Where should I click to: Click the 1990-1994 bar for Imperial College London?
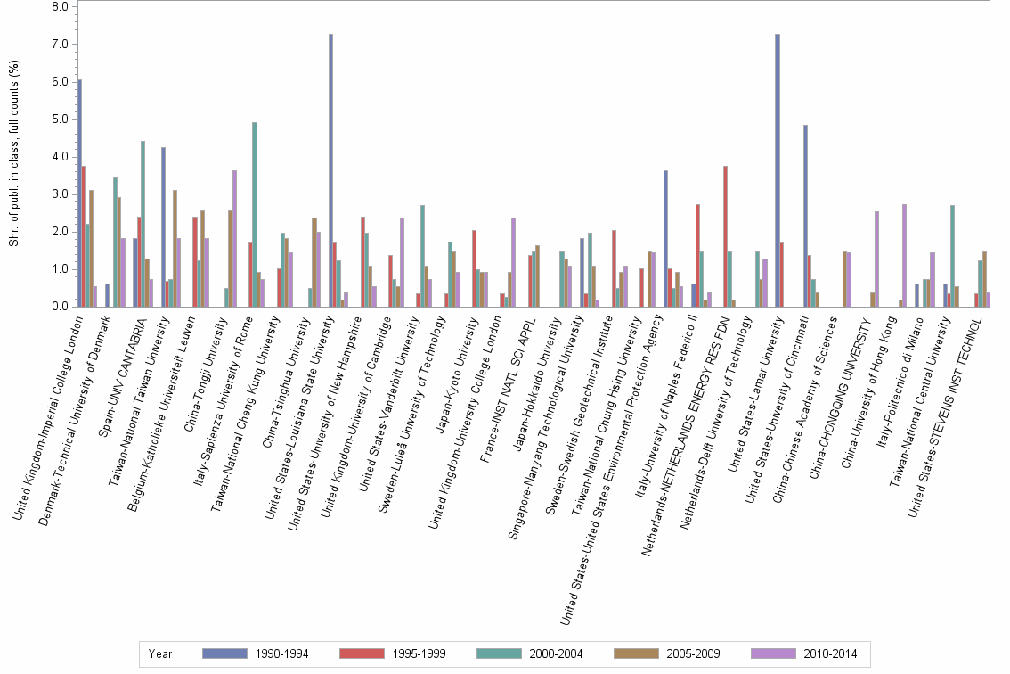click(x=79, y=193)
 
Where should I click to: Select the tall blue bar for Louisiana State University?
click(x=330, y=170)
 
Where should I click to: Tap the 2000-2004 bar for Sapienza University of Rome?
click(x=255, y=214)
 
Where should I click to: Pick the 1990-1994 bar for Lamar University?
click(x=778, y=170)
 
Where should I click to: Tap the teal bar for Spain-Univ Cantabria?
click(x=143, y=224)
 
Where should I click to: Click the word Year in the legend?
click(x=160, y=653)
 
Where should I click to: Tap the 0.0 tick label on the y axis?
click(x=60, y=306)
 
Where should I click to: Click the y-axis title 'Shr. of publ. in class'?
click(x=13, y=156)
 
